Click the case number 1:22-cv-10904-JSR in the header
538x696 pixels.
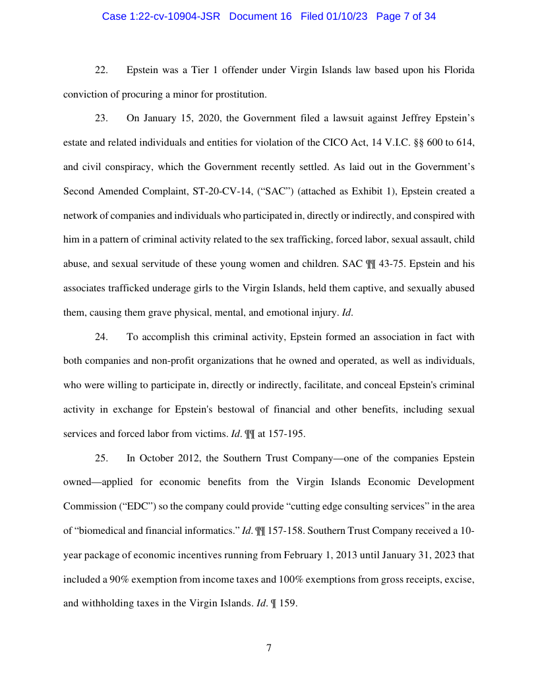(161, 16)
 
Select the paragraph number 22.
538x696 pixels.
(102, 70)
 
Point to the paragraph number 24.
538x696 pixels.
(102, 337)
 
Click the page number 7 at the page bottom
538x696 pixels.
(269, 648)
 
